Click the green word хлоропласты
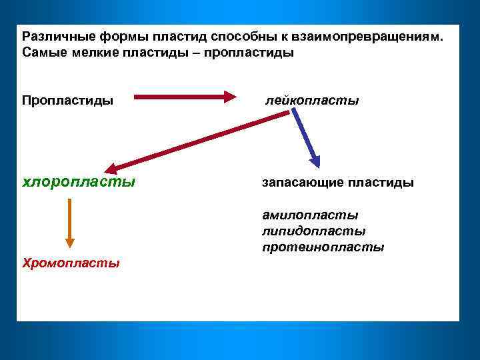coord(79,181)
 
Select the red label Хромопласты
coord(71,263)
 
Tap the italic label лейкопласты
coord(311,100)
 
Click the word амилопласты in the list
coord(310,215)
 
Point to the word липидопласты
coord(313,231)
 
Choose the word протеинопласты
coord(323,247)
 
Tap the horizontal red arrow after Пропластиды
coord(185,97)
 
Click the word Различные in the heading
coord(53,36)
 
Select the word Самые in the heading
coord(41,52)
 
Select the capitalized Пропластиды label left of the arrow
coord(67,100)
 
